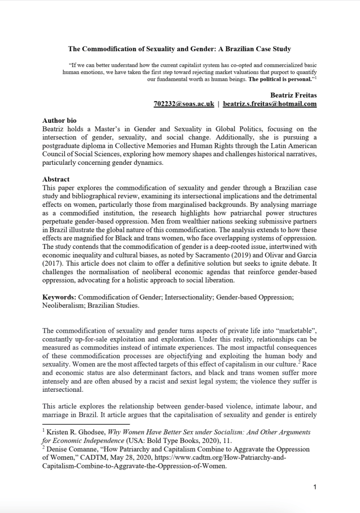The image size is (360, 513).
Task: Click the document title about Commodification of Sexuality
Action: pyautogui.click(x=180, y=49)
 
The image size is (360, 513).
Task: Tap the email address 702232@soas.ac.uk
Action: pyautogui.click(x=184, y=104)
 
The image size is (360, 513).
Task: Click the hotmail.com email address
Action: pyautogui.click(x=269, y=104)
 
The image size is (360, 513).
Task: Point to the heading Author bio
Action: pyautogui.click(x=60, y=121)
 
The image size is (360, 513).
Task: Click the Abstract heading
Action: pyautogui.click(x=56, y=179)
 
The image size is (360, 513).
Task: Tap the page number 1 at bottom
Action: pyautogui.click(x=314, y=486)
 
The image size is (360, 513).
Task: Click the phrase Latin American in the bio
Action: pyautogui.click(x=293, y=145)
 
